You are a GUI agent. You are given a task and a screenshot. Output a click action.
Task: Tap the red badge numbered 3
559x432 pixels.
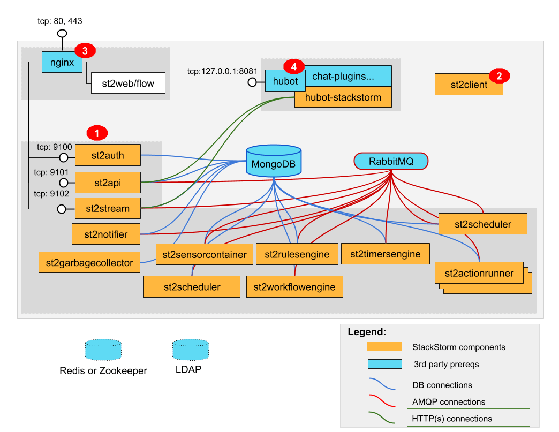point(85,51)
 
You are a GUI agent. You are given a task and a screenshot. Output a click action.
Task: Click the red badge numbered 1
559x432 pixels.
point(97,131)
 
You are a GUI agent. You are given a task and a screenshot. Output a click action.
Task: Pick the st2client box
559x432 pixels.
point(469,85)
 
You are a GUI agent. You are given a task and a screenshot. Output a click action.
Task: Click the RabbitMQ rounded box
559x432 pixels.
point(391,161)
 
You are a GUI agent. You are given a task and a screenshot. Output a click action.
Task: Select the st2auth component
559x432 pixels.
point(108,156)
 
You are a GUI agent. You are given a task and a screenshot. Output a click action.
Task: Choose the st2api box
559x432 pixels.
point(108,183)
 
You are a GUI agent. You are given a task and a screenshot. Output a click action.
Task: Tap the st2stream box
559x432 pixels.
point(108,208)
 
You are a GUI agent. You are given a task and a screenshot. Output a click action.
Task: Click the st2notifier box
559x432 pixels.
point(107,234)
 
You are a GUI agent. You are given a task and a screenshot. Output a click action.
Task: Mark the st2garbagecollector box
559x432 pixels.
point(89,262)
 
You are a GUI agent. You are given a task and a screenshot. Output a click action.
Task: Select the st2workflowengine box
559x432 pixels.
point(294,287)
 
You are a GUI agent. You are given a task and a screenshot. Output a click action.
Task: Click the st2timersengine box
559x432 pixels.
point(386,254)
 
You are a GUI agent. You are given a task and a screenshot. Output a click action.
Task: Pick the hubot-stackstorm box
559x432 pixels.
point(343,97)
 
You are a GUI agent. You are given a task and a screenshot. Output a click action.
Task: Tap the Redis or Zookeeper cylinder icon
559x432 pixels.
point(103,350)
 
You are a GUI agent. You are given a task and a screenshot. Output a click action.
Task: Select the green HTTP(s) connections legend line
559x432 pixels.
point(382,417)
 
